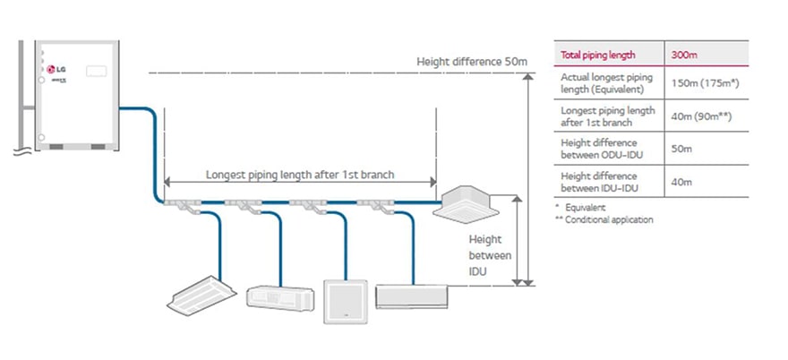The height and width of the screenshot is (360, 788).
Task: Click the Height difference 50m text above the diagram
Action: [x=472, y=62]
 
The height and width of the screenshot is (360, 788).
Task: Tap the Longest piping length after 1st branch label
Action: [x=300, y=175]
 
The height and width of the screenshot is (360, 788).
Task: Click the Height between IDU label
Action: [x=490, y=255]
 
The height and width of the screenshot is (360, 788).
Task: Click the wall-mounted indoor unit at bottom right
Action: [x=408, y=296]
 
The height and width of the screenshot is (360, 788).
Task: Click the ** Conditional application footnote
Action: [x=604, y=219]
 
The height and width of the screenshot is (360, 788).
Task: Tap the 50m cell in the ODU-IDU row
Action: [x=680, y=148]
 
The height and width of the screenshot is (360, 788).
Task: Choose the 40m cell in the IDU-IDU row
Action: [x=680, y=180]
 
